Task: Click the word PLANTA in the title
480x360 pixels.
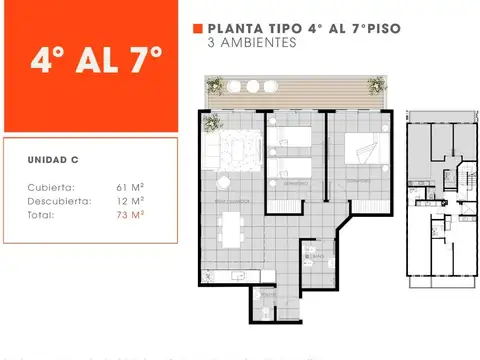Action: [x=230, y=30]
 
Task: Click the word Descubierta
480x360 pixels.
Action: [x=57, y=200]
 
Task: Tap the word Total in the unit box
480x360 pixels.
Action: [x=41, y=214]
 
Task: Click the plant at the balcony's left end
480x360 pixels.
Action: [x=214, y=85]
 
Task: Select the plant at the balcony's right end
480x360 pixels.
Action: [x=376, y=85]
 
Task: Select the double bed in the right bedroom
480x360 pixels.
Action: [x=361, y=150]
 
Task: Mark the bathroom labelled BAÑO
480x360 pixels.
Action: [x=317, y=257]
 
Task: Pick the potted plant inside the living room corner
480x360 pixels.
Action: [x=212, y=123]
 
